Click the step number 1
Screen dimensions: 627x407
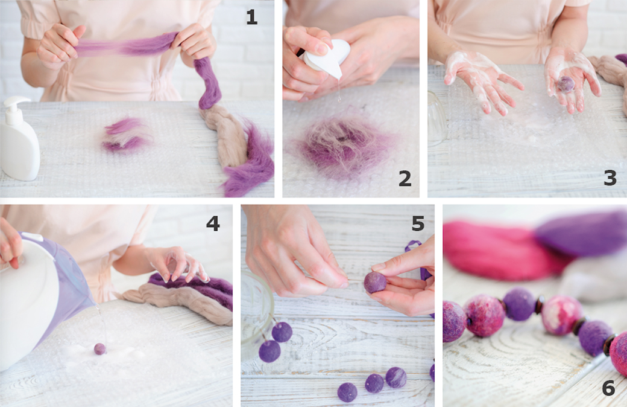pyautogui.click(x=251, y=17)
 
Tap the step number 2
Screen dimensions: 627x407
pyautogui.click(x=405, y=178)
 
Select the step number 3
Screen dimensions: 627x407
pyautogui.click(x=610, y=178)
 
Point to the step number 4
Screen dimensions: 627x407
pyautogui.click(x=213, y=223)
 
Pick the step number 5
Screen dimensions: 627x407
pyautogui.click(x=418, y=223)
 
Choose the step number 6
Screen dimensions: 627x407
pyautogui.click(x=608, y=388)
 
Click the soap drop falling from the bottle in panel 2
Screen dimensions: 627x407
pyautogui.click(x=339, y=95)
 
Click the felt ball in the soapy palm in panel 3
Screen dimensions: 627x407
pyautogui.click(x=566, y=84)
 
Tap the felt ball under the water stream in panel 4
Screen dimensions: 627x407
pyautogui.click(x=99, y=349)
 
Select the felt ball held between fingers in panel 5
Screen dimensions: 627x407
pyautogui.click(x=375, y=283)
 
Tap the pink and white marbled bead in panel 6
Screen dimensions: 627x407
pyautogui.click(x=562, y=315)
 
